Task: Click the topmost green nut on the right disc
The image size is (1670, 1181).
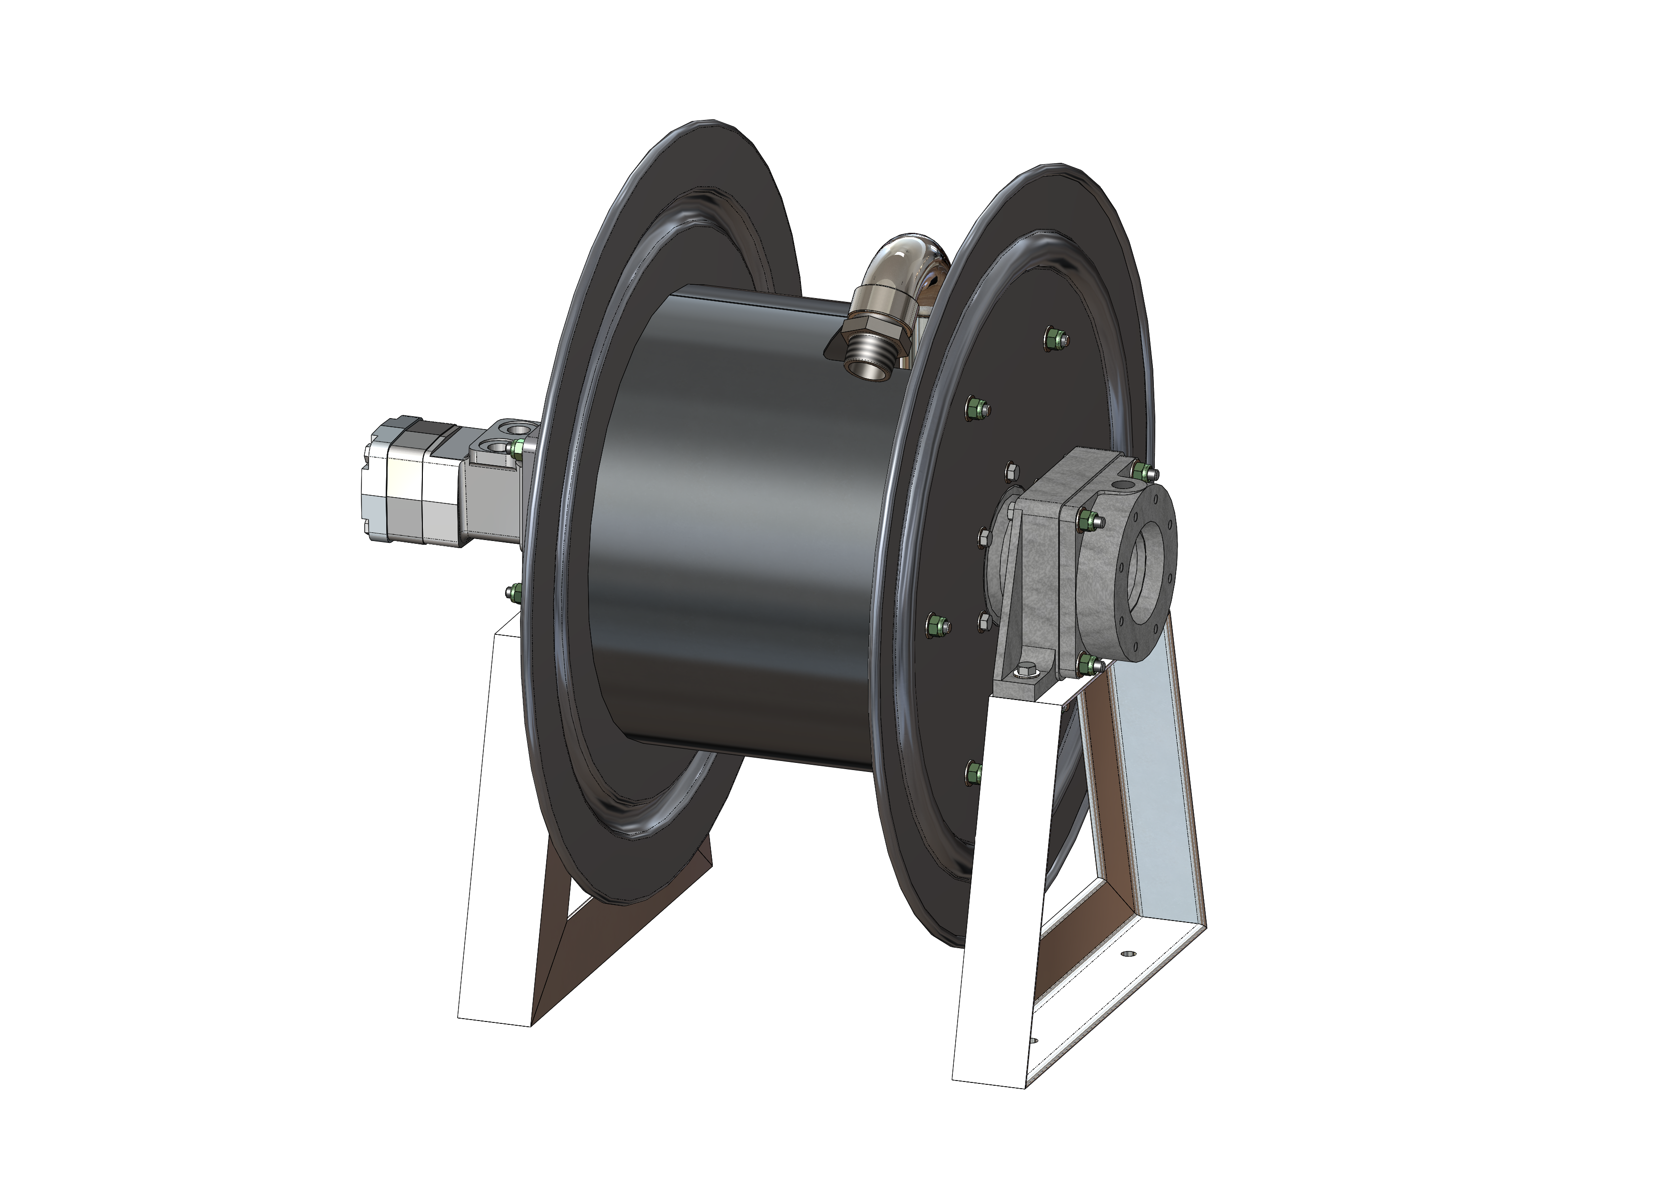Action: (1057, 339)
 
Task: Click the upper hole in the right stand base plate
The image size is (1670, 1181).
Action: (1129, 952)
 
